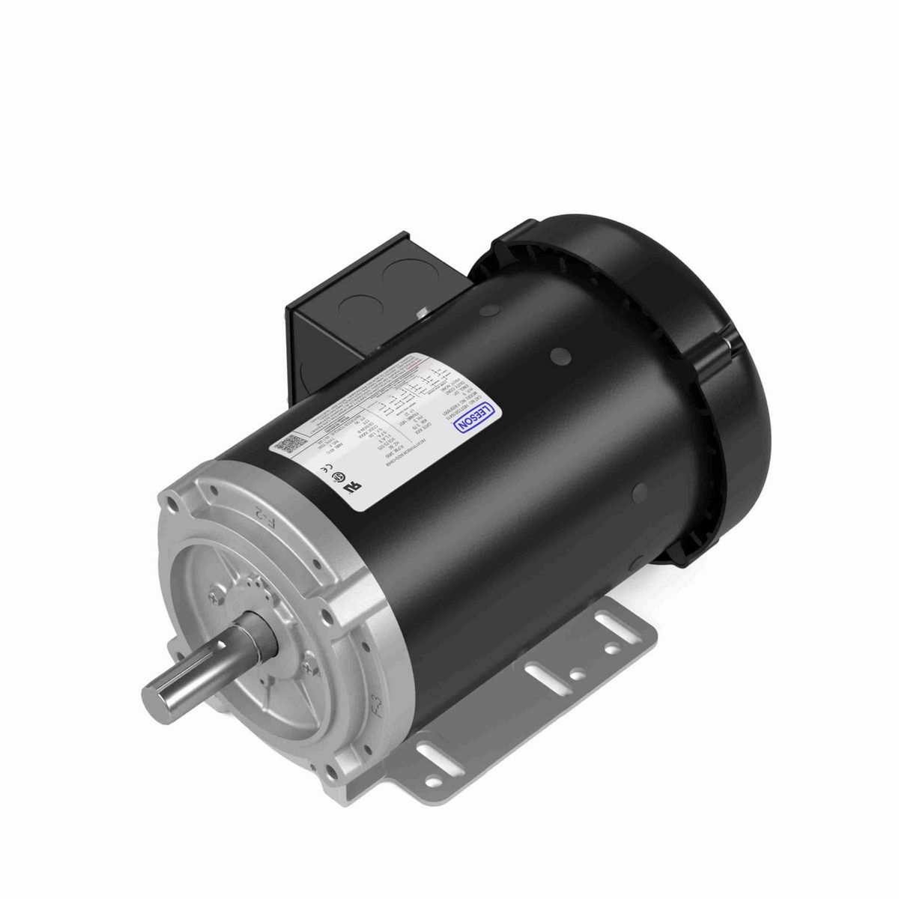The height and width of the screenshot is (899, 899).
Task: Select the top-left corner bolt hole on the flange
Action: click(175, 507)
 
